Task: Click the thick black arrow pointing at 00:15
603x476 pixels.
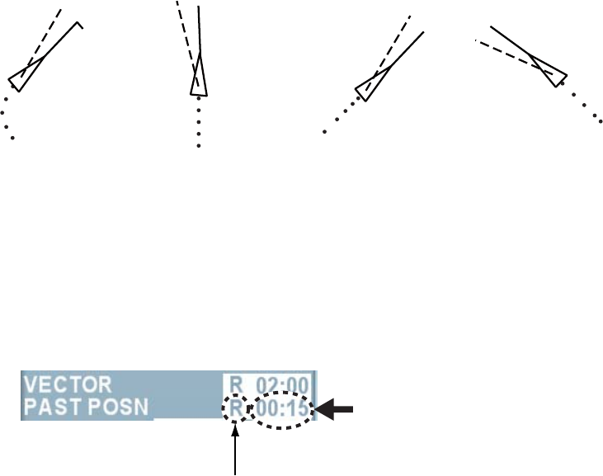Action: pos(339,407)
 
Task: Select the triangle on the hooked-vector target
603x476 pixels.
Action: pos(21,80)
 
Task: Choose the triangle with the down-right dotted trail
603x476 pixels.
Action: pos(552,73)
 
